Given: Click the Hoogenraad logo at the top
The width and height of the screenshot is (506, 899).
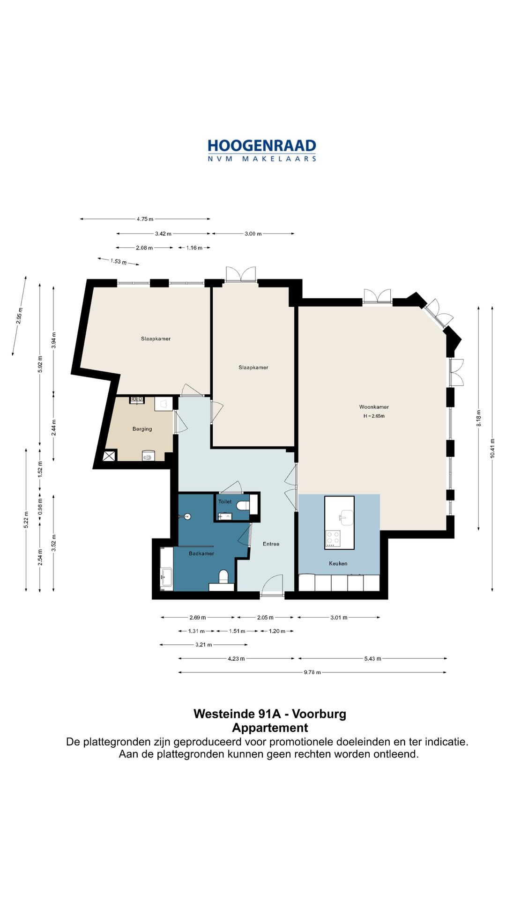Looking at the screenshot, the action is (x=262, y=150).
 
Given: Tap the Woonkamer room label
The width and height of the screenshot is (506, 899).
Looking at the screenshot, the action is (x=374, y=407).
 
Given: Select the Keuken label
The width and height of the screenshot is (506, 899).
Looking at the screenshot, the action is (x=338, y=563).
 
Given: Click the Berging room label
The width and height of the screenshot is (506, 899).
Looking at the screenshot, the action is (x=142, y=429).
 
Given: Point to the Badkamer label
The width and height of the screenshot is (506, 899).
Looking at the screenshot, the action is (x=201, y=553).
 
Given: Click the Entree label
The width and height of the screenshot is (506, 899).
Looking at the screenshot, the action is (x=271, y=544).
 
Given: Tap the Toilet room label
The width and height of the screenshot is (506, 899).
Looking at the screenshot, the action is (x=225, y=501).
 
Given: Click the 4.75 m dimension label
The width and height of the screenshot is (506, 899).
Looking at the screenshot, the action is (x=145, y=219).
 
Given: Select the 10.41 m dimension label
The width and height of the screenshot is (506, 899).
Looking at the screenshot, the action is (x=492, y=448).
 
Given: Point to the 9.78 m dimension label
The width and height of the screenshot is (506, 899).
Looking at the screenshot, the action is (x=313, y=672).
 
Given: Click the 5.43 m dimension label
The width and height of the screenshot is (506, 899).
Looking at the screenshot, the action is (x=373, y=658).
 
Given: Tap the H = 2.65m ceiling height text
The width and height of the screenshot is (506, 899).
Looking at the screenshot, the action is (x=374, y=416).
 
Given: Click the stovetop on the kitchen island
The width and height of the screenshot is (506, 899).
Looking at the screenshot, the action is (x=333, y=538).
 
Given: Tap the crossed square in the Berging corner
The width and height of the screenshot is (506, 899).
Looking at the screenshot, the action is (x=109, y=456).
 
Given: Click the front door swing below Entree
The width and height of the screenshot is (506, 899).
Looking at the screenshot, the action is (x=272, y=585).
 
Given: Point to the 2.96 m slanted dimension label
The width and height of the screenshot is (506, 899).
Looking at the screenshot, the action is (x=19, y=316).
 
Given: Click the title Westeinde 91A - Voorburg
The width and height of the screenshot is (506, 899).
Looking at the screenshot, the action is (x=270, y=714).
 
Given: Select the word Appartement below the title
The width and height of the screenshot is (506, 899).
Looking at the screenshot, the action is (x=270, y=728).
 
